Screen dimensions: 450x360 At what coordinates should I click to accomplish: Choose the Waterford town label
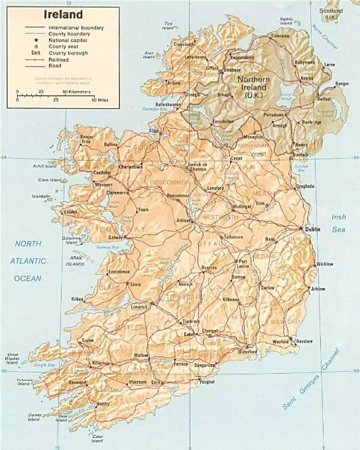click(247, 351)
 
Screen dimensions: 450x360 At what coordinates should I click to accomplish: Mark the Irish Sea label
click(339, 222)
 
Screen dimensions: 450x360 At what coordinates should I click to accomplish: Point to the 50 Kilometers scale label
click(77, 91)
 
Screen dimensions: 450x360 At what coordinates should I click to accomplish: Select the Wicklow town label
click(325, 264)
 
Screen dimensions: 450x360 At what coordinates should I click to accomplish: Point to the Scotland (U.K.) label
click(330, 13)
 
